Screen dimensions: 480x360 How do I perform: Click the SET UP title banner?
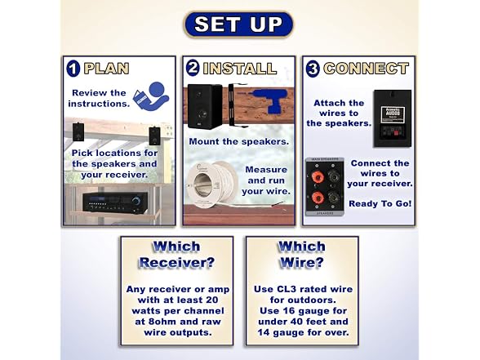[x=238, y=24]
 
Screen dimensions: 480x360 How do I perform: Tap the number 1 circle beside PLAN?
[x=73, y=69]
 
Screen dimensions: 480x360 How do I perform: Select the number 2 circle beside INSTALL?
[x=193, y=68]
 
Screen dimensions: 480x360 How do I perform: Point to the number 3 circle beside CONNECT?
[x=313, y=69]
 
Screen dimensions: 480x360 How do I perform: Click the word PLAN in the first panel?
[x=106, y=69]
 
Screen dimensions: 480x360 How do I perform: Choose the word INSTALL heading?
[x=240, y=69]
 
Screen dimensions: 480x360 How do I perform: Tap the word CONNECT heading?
[x=366, y=69]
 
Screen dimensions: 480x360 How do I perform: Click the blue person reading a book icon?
[x=151, y=96]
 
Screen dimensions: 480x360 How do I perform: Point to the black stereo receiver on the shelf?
[x=115, y=202]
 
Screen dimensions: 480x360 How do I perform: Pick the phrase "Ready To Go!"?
[x=380, y=203]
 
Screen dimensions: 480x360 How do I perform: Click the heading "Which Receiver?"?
[x=176, y=255]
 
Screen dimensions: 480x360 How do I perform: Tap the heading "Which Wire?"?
[x=301, y=255]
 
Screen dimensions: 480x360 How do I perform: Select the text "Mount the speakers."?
[x=238, y=141]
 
